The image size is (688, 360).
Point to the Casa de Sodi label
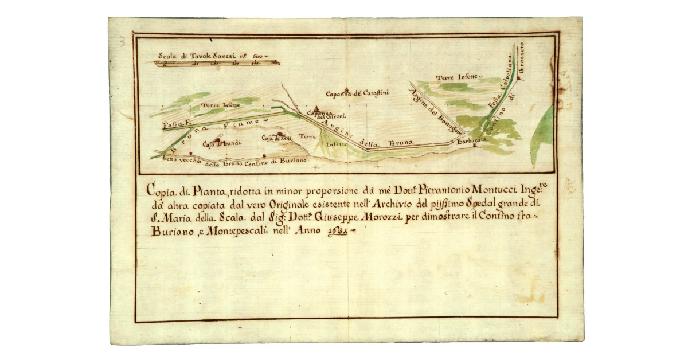(x=277, y=138)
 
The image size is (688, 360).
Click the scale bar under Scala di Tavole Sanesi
(x=218, y=63)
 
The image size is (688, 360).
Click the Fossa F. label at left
(x=176, y=124)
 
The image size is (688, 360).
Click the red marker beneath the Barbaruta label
(x=474, y=146)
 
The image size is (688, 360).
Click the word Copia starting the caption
(x=160, y=189)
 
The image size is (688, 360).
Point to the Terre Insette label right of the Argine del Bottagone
(x=459, y=77)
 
